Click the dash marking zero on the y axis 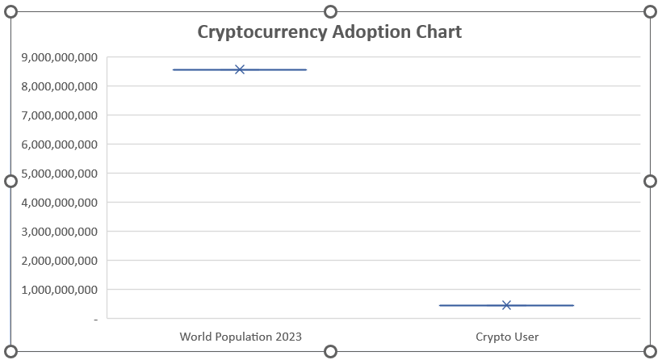pyautogui.click(x=95, y=320)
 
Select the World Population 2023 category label pyautogui.click(x=241, y=337)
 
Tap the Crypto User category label pyautogui.click(x=507, y=337)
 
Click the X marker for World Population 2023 pyautogui.click(x=240, y=69)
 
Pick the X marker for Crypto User pyautogui.click(x=506, y=305)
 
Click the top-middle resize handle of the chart pyautogui.click(x=330, y=11)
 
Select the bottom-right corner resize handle pyautogui.click(x=650, y=351)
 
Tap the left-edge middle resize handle pyautogui.click(x=11, y=181)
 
